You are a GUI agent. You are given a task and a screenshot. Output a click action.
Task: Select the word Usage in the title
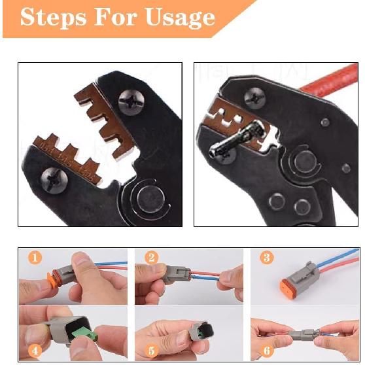click(x=179, y=17)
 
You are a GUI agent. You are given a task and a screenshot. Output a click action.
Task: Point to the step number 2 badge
click(x=151, y=257)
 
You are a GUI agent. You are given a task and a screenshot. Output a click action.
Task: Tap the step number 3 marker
click(x=266, y=257)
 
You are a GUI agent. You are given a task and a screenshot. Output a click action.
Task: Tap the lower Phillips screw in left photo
click(x=54, y=177)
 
